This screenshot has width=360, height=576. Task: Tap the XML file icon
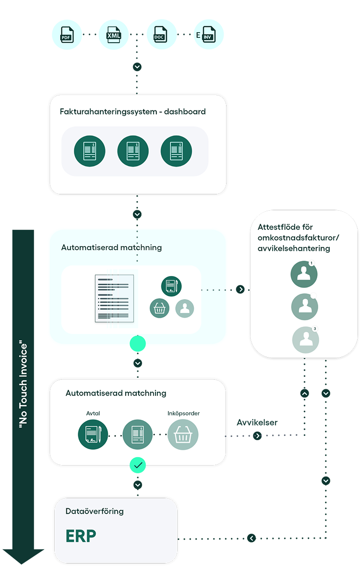[114, 35]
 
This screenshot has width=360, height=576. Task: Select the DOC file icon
[161, 35]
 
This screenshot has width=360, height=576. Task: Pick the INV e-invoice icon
[208, 35]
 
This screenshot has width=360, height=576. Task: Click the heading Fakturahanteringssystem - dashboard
[132, 111]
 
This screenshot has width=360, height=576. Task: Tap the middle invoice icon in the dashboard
[133, 151]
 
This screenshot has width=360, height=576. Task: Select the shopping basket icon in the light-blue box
[159, 308]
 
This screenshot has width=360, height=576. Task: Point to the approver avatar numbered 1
[304, 274]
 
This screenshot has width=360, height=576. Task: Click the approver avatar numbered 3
[305, 340]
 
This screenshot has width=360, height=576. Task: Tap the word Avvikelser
[257, 423]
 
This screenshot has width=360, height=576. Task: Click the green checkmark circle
[138, 465]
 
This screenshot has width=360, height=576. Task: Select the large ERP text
[81, 536]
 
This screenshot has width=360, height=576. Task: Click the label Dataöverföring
[95, 511]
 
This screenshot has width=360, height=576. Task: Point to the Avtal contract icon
[93, 435]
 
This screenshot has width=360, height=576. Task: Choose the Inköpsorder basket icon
[183, 435]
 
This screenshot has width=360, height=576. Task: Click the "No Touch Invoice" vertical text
[23, 384]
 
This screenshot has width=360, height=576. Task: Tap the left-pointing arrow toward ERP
[252, 538]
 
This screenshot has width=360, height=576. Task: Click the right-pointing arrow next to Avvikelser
[257, 436]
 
